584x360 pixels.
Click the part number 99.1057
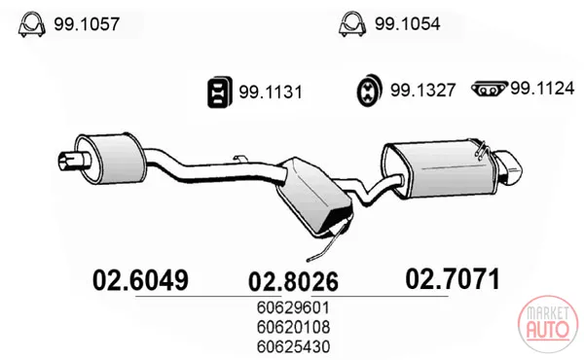[87, 24]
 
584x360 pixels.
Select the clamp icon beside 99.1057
[32, 24]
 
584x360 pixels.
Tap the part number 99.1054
[408, 24]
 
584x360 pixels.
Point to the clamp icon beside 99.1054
[352, 24]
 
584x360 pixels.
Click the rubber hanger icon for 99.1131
[220, 92]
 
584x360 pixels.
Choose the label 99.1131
[271, 92]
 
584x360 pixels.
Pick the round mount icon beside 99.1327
[370, 90]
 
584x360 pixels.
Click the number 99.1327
[422, 90]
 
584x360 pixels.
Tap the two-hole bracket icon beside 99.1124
[490, 90]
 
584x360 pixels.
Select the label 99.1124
[542, 89]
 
